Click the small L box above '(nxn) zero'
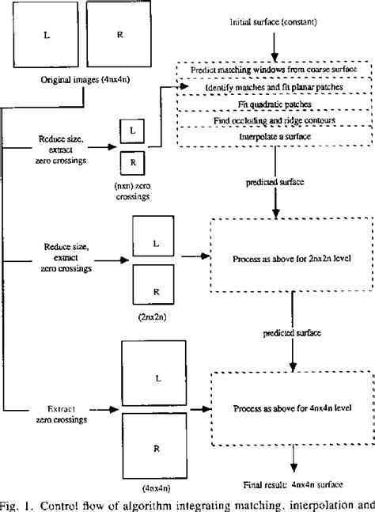[132, 127]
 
